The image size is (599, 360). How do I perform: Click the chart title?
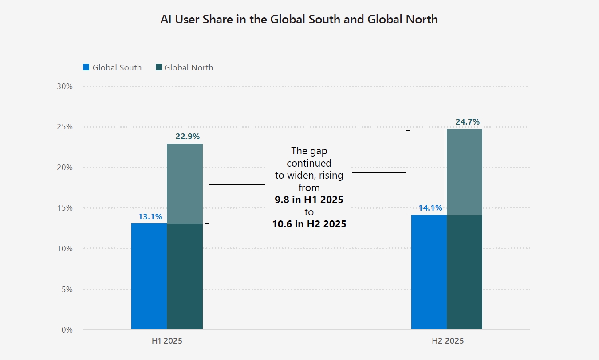click(299, 20)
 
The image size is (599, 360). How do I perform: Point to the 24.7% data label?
click(467, 122)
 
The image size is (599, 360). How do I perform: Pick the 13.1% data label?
click(150, 217)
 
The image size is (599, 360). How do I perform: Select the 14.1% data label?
click(430, 208)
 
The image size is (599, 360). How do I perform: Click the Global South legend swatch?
click(86, 68)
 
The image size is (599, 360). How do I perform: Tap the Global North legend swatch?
click(158, 68)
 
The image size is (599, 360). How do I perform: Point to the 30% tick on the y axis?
click(65, 86)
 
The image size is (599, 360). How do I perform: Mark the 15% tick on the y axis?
click(65, 208)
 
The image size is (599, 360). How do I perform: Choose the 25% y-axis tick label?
click(65, 127)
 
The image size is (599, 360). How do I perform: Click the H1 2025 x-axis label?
click(167, 341)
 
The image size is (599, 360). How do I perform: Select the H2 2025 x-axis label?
click(447, 341)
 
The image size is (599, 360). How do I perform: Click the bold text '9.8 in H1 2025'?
click(309, 200)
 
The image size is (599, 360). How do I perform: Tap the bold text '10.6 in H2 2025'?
click(309, 224)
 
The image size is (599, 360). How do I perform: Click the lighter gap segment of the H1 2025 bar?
click(185, 184)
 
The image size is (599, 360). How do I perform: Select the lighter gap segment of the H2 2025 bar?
click(465, 172)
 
